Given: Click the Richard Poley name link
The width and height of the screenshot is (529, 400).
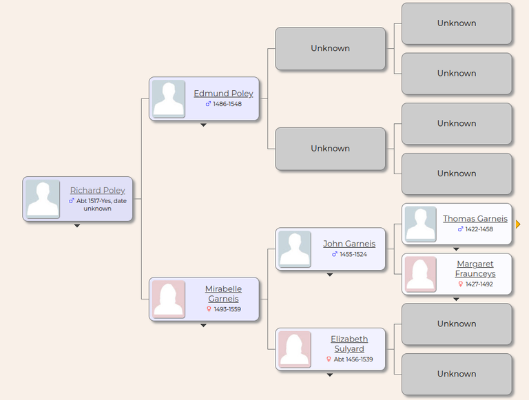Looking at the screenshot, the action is [x=98, y=191].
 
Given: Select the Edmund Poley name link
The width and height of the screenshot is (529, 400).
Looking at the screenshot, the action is [x=223, y=94].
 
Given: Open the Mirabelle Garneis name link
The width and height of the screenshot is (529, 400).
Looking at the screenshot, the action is [x=223, y=294].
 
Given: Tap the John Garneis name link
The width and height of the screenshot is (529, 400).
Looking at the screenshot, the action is [x=349, y=244].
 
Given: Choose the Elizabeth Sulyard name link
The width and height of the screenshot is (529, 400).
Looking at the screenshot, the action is [x=349, y=344].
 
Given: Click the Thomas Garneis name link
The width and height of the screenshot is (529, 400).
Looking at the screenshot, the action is [x=475, y=218].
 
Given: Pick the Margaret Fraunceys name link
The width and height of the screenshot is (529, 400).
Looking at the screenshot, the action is [x=475, y=269].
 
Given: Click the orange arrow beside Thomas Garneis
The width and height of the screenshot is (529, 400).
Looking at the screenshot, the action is [x=518, y=224].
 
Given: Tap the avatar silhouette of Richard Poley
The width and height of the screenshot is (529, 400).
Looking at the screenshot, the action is [x=43, y=199].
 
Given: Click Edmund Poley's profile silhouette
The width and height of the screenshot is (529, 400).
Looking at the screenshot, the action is [x=169, y=99].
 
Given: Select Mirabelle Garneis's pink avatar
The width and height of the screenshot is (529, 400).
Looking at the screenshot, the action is [x=169, y=299].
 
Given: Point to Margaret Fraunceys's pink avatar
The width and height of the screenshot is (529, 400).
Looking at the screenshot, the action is [x=420, y=274].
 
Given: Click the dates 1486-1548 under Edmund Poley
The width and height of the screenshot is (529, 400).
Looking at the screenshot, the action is [x=227, y=104].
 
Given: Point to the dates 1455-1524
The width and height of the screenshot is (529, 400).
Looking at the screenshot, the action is [x=353, y=254].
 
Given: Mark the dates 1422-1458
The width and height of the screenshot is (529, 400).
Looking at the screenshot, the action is [x=479, y=229].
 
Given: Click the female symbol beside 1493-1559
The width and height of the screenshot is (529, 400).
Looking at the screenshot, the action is [x=209, y=309].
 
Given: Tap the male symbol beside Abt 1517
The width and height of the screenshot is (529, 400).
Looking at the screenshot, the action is [x=72, y=200].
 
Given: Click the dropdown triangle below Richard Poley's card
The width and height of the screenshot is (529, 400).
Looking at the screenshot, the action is [x=77, y=226].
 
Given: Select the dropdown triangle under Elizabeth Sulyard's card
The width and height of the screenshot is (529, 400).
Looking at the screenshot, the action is [x=330, y=375].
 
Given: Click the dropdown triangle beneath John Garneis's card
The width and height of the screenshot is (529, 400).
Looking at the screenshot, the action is [x=330, y=275].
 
